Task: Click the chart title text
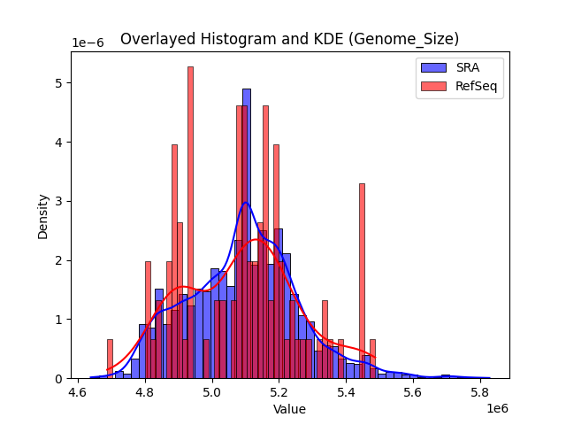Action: (x=289, y=39)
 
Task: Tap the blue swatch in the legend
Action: (x=433, y=67)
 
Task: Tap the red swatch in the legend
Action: (x=433, y=85)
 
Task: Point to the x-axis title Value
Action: (x=289, y=410)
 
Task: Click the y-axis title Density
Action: (x=43, y=215)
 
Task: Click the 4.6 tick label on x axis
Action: (x=78, y=391)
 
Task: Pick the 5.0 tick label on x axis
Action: (x=212, y=391)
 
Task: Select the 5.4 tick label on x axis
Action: (x=346, y=391)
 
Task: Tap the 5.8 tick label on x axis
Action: (x=480, y=391)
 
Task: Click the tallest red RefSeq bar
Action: (x=190, y=221)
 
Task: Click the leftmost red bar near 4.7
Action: (x=110, y=359)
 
